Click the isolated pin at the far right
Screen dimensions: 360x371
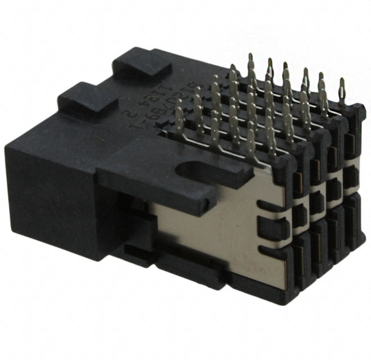point(342,90)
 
